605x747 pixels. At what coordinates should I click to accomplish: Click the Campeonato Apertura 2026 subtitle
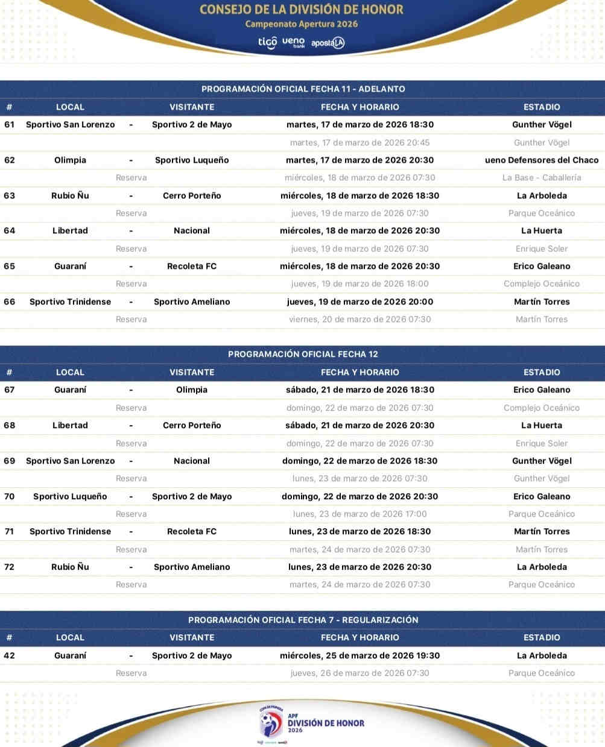[301, 24]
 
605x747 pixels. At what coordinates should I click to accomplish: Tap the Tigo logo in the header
[267, 42]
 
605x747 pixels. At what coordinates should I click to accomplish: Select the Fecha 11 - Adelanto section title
[303, 89]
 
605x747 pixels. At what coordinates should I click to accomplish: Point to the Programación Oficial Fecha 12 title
[303, 354]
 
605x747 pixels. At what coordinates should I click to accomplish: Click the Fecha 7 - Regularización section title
[303, 620]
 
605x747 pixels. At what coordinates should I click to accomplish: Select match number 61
[10, 125]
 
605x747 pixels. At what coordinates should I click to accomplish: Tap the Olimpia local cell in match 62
[70, 160]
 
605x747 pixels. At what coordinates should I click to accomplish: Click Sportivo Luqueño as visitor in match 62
[192, 160]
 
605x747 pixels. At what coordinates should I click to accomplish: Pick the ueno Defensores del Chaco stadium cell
[542, 160]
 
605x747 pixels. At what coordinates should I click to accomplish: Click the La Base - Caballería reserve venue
[542, 178]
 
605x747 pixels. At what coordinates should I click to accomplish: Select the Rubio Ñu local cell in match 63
[70, 196]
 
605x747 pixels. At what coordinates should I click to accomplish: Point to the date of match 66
[360, 302]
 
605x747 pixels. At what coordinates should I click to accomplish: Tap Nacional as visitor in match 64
[192, 231]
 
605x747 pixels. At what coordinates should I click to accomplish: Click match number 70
[10, 497]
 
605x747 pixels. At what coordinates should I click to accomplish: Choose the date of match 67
[360, 390]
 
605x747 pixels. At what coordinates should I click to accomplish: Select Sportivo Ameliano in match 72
[192, 567]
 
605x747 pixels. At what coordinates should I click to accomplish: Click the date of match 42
[360, 656]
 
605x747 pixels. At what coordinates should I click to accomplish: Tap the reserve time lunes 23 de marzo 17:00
[360, 514]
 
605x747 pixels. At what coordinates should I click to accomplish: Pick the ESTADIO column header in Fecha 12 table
[542, 373]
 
